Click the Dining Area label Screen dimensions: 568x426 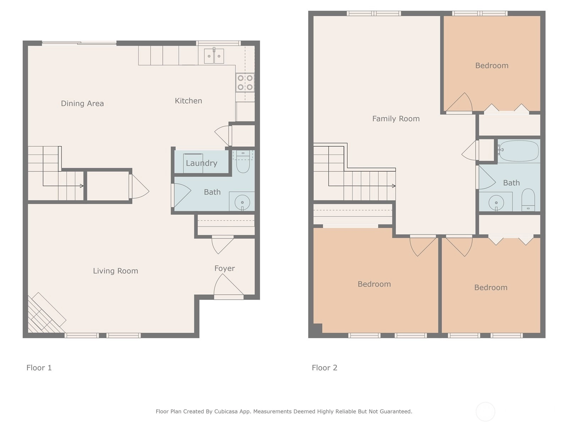82,103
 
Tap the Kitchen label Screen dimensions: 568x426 189,100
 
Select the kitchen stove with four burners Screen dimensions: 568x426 245,82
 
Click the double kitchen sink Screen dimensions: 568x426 214,56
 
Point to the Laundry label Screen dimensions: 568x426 202,163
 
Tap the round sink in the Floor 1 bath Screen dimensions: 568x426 242,202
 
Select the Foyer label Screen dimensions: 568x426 225,268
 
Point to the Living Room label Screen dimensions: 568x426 115,271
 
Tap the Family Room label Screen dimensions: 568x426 396,119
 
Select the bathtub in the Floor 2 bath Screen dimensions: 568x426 519,151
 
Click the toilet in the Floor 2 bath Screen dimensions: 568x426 528,200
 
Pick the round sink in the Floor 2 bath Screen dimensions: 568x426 496,202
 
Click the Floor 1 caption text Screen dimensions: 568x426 39,367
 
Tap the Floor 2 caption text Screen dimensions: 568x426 324,367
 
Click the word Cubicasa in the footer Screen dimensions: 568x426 226,411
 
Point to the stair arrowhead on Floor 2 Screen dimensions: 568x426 394,186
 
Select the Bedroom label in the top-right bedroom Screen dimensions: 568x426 492,65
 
